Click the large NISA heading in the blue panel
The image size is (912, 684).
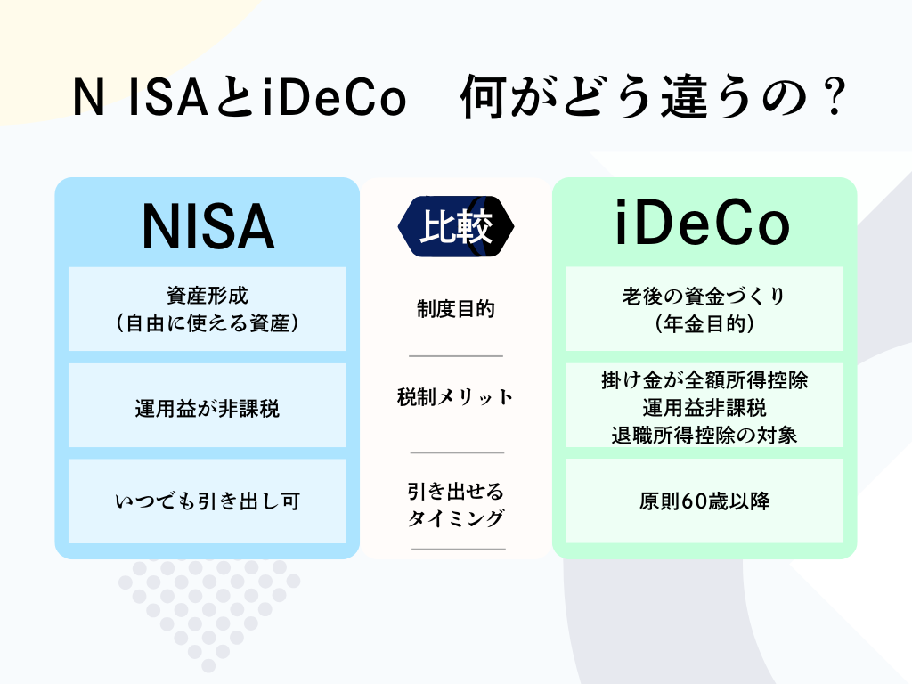208,227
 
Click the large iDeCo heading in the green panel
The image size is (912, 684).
703,223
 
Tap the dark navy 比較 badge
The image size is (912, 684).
456,226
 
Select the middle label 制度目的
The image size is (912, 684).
455,309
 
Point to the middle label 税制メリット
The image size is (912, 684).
455,396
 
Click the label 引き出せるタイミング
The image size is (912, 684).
455,504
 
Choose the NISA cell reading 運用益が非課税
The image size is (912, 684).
207,408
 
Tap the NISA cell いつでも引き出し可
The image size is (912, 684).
207,501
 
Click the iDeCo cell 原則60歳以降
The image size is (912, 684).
704,501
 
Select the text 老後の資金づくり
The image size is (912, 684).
704,296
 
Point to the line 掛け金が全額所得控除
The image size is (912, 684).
704,380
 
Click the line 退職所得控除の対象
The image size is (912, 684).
704,435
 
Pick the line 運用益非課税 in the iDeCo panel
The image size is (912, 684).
704,408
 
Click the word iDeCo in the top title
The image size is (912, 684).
334,97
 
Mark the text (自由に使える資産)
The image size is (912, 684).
207,323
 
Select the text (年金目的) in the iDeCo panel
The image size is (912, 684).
704,324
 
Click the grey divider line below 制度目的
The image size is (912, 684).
455,356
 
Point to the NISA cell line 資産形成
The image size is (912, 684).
207,296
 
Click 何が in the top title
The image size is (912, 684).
504,98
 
